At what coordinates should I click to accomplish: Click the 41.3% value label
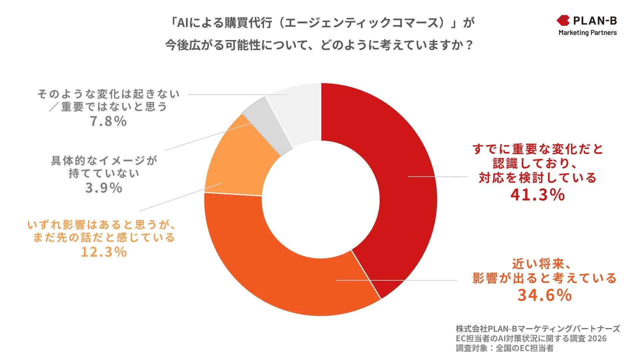[537, 195]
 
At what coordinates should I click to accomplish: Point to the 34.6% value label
[544, 295]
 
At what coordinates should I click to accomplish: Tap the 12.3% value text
[104, 252]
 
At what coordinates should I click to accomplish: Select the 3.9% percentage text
[104, 188]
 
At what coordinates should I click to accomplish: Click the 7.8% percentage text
[108, 121]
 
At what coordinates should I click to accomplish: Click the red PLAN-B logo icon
[563, 21]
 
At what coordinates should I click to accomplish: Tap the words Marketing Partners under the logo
[587, 33]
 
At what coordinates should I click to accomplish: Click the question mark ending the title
[470, 45]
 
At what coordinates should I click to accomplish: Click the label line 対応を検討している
[537, 178]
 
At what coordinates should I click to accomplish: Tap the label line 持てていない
[104, 173]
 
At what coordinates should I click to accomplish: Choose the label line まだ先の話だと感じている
[104, 238]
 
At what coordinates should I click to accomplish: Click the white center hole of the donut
[321, 199]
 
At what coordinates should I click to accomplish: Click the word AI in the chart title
[183, 23]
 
